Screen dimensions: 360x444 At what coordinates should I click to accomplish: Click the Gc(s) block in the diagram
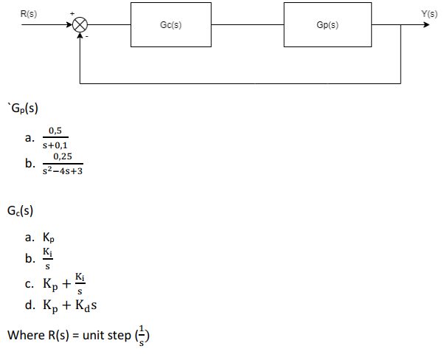pos(170,24)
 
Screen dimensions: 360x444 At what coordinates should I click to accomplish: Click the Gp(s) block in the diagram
pos(327,24)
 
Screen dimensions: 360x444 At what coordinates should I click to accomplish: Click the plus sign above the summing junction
pos(72,13)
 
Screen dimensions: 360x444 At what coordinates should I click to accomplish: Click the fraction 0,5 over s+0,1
pos(56,138)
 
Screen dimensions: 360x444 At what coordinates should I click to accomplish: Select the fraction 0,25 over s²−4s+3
pos(62,164)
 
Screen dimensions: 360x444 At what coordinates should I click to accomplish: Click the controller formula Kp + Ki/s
pos(65,283)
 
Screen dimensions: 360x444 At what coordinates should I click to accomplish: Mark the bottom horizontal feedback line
pos(240,83)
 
